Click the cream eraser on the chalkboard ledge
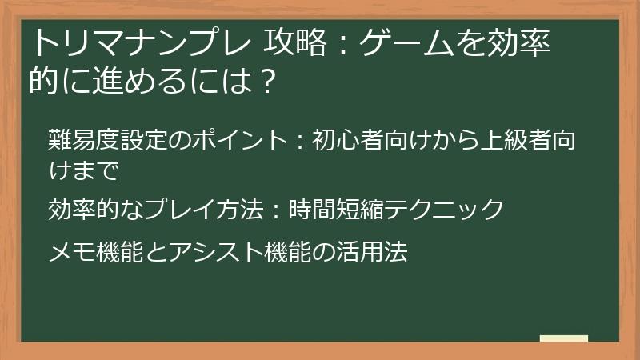pos(563,339)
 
